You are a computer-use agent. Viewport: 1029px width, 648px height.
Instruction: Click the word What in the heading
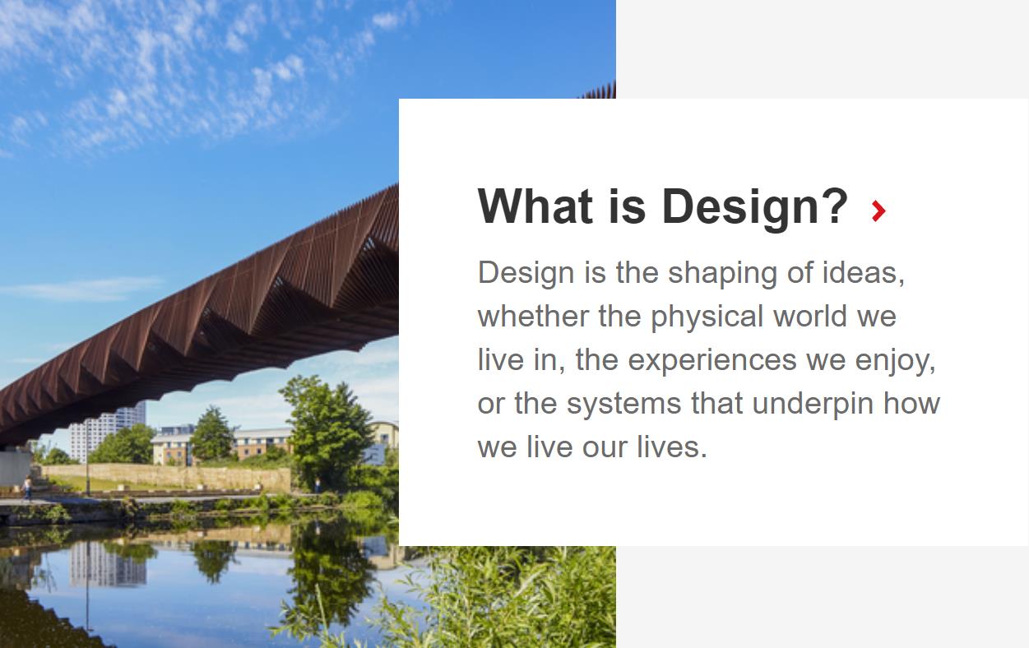pos(535,206)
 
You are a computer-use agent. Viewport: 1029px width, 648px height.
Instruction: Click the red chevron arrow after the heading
pos(878,211)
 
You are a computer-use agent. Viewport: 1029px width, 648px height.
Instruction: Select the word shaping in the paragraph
pos(722,274)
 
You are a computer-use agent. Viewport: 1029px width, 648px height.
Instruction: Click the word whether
pos(533,316)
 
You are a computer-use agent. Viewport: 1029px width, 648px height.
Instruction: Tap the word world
pos(810,316)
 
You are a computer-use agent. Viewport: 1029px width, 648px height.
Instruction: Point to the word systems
pos(623,404)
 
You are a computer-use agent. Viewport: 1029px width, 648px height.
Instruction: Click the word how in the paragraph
pos(912,403)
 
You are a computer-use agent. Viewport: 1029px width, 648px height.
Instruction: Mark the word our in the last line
pos(605,449)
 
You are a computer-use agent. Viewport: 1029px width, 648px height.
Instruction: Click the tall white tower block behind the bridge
pos(108,432)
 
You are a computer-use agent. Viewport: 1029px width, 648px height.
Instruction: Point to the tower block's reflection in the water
pos(109,564)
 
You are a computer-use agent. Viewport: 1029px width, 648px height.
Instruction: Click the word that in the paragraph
pos(716,403)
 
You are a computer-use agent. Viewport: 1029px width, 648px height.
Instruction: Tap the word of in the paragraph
pos(800,272)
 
